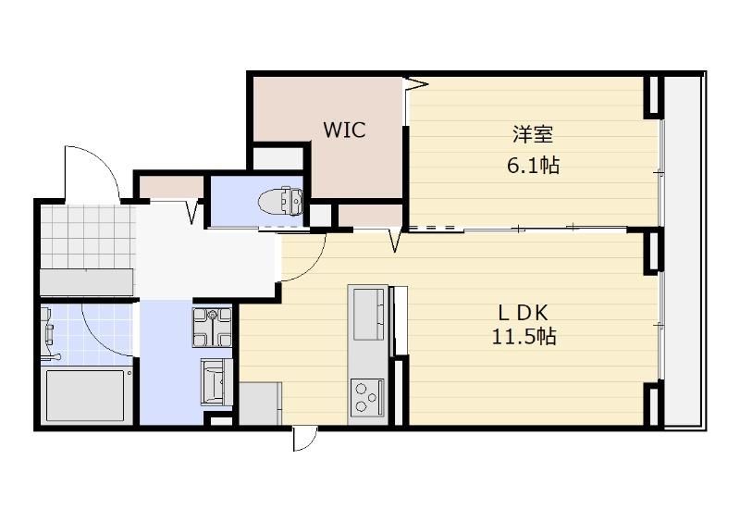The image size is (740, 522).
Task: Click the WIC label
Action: pyautogui.click(x=344, y=130)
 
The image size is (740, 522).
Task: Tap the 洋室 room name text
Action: pyautogui.click(x=533, y=134)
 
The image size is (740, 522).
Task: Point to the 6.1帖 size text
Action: pyautogui.click(x=533, y=166)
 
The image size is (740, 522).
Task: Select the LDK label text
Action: pyautogui.click(x=524, y=313)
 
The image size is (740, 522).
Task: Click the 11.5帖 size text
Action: pyautogui.click(x=524, y=336)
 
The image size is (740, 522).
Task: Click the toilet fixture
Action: pyautogui.click(x=281, y=202)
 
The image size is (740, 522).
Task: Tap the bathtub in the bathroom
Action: pyautogui.click(x=85, y=395)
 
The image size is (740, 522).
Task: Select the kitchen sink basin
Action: pyautogui.click(x=368, y=314)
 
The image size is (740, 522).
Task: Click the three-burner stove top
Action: pyautogui.click(x=367, y=396)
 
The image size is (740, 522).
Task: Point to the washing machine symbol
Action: pyautogui.click(x=213, y=327)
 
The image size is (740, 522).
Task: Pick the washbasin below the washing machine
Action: pyautogui.click(x=216, y=381)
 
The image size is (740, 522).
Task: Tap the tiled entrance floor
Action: pyautogui.click(x=88, y=237)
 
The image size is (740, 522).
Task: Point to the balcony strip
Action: pyautogui.click(x=684, y=251)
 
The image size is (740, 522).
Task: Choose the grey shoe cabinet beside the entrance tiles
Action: pyautogui.click(x=87, y=282)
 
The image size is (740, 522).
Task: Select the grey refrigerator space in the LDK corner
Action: pyautogui.click(x=261, y=404)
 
